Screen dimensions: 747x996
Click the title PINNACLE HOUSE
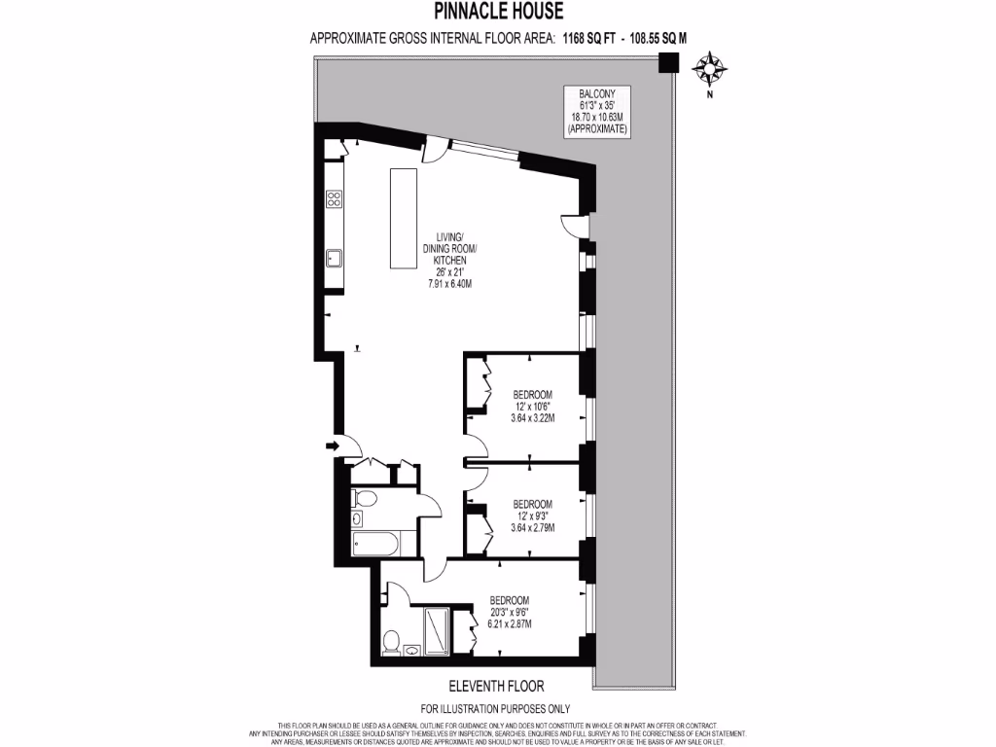tap(497, 13)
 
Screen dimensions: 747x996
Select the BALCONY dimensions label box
tap(598, 111)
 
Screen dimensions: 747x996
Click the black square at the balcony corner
tap(667, 64)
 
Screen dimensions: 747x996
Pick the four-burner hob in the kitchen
tap(334, 199)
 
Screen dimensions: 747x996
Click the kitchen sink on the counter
tap(334, 258)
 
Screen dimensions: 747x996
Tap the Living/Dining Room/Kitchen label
tap(449, 261)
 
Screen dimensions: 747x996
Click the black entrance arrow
tap(332, 445)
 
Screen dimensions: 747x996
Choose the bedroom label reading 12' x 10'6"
tap(532, 407)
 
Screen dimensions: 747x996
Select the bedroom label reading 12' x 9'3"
tap(532, 516)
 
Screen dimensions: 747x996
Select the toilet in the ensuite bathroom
tap(391, 642)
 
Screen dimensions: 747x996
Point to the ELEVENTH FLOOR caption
tap(495, 685)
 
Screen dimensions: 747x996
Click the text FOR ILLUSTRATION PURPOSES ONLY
tap(495, 709)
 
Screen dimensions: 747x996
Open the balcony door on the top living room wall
tap(438, 149)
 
